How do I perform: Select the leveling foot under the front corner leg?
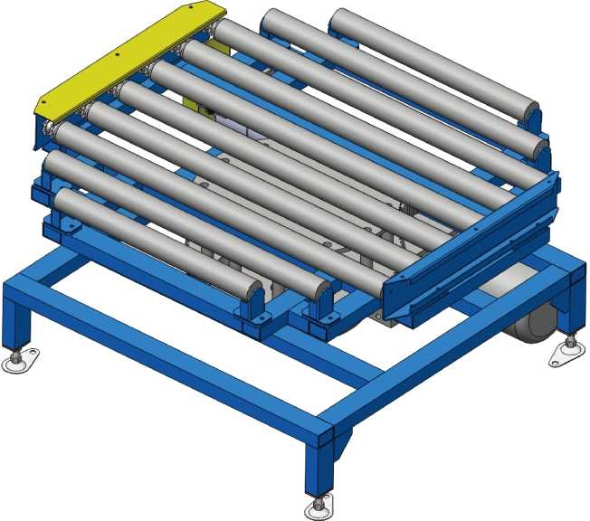(318, 509)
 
